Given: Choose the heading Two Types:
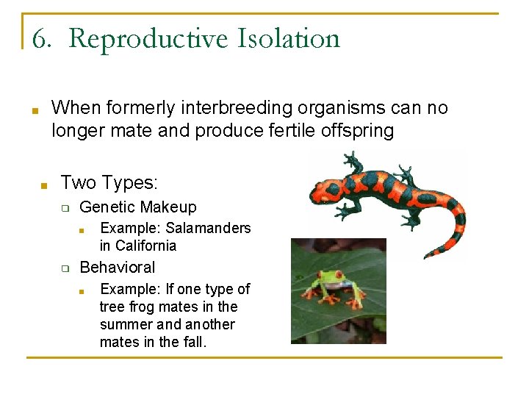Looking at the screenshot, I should pyautogui.click(x=109, y=182).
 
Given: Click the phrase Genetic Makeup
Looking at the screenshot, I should pyautogui.click(x=138, y=207).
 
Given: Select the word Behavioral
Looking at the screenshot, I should pyautogui.click(x=118, y=267).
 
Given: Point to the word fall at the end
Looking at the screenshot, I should pyautogui.click(x=192, y=342).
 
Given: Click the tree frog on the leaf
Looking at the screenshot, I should pyautogui.click(x=337, y=287).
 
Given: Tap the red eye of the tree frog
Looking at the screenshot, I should pyautogui.click(x=325, y=278).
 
